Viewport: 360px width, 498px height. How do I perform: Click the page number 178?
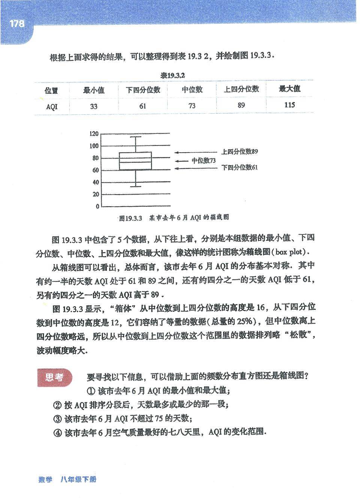click(x=17, y=24)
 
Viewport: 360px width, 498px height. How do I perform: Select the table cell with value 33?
click(x=94, y=106)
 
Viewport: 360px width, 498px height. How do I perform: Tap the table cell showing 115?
click(x=289, y=105)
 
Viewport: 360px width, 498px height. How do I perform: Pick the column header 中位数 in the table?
click(x=192, y=89)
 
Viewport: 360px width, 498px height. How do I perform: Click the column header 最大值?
click(x=289, y=88)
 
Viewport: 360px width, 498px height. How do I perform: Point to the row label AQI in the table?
click(x=52, y=106)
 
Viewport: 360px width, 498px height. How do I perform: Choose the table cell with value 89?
click(x=241, y=105)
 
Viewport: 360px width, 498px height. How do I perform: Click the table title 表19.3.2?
click(x=173, y=75)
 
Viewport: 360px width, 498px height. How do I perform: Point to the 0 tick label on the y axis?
click(x=97, y=207)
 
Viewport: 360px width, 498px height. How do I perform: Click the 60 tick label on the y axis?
click(x=95, y=170)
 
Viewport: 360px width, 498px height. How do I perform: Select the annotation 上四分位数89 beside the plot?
click(x=239, y=152)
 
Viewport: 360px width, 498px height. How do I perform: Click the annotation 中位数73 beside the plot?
click(x=204, y=160)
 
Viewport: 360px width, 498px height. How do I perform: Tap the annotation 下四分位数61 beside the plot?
click(x=239, y=168)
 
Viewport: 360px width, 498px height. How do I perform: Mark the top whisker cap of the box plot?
click(x=135, y=137)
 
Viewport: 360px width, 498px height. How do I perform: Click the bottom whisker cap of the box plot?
click(x=135, y=186)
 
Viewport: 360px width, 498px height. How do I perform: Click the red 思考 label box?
click(x=54, y=378)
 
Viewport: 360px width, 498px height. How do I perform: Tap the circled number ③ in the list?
click(x=57, y=419)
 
